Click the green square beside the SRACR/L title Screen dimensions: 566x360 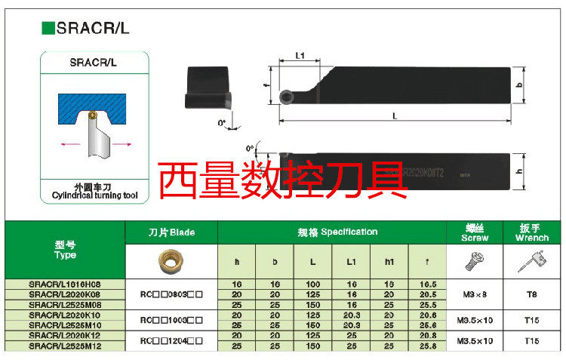coord(47,28)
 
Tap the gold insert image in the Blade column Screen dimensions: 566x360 coord(171,261)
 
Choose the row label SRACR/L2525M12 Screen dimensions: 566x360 coord(66,345)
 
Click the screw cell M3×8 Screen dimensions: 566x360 coord(475,293)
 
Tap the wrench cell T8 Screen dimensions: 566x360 coord(532,293)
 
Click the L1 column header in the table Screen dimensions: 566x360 coord(352,261)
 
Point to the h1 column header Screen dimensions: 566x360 coord(390,261)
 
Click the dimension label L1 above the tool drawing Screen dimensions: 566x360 coord(300,56)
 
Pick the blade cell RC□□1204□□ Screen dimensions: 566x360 coord(171,340)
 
